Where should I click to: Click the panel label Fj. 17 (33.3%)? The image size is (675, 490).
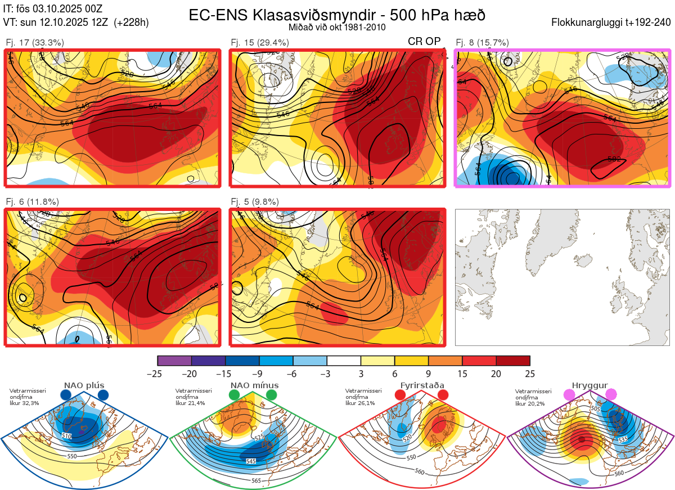(35, 42)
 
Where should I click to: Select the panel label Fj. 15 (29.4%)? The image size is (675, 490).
(260, 42)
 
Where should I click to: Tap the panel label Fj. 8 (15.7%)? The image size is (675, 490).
(482, 42)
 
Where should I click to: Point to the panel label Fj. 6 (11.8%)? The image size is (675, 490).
(32, 202)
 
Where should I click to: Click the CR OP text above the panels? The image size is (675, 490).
(425, 42)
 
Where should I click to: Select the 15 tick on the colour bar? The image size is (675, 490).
(462, 374)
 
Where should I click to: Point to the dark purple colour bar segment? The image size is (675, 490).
(208, 361)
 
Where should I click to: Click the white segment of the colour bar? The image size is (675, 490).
(344, 361)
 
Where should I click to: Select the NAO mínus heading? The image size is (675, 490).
(254, 385)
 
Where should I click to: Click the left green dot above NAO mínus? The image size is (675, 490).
(235, 395)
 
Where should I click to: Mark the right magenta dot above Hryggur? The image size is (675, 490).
(611, 395)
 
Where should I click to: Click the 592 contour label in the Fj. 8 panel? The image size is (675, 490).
(614, 160)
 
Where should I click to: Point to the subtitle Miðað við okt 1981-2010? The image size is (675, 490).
(337, 27)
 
